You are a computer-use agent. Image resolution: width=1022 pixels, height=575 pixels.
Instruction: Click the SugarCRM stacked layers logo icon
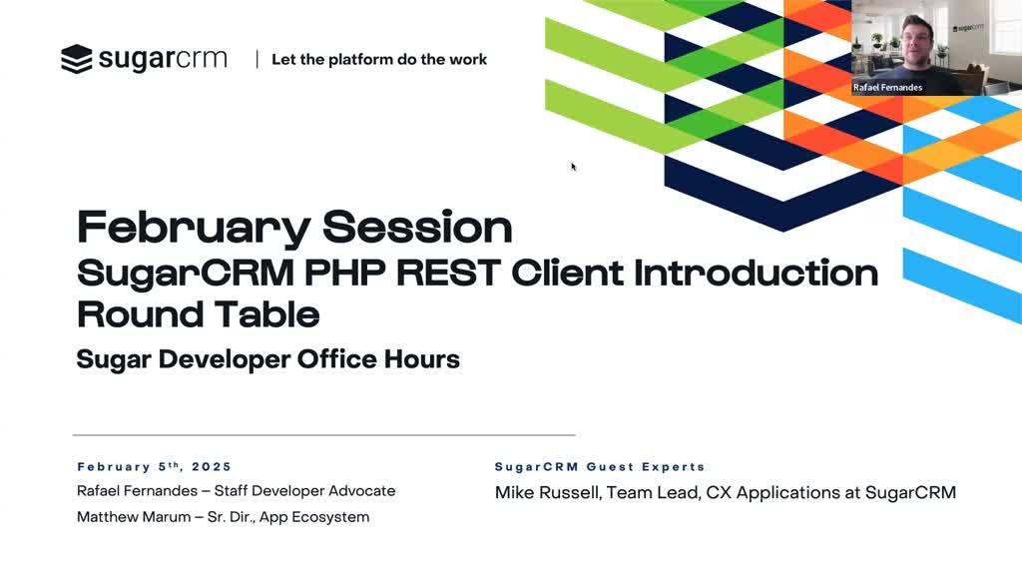tap(77, 59)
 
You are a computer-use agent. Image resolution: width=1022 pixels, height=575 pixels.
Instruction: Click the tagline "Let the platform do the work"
tap(379, 59)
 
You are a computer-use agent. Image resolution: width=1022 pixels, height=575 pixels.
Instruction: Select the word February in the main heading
tap(194, 229)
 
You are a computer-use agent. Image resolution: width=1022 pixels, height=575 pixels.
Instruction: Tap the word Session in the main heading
tap(417, 227)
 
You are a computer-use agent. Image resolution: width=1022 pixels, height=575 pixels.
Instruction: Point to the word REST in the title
tap(448, 273)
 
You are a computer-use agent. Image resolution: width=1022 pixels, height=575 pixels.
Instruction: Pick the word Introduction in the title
tap(757, 273)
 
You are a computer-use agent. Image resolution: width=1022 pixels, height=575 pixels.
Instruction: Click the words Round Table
tap(199, 314)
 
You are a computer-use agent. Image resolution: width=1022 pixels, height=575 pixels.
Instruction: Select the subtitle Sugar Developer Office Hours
tap(267, 359)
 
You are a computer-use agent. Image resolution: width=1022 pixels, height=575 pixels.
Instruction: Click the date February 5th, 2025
tap(155, 467)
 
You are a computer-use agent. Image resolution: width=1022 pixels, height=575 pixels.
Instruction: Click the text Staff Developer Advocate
tap(305, 491)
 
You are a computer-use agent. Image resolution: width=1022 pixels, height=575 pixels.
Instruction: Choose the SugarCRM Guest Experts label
tap(600, 467)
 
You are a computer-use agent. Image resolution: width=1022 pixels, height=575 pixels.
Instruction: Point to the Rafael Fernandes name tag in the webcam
tap(887, 88)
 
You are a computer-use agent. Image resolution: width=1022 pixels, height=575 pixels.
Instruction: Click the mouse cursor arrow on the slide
tap(574, 167)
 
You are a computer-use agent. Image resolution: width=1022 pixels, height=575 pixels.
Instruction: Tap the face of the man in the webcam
tap(915, 39)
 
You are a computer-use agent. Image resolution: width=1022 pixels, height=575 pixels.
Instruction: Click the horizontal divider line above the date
tap(324, 435)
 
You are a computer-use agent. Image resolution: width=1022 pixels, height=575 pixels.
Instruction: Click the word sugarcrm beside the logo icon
tap(163, 59)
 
